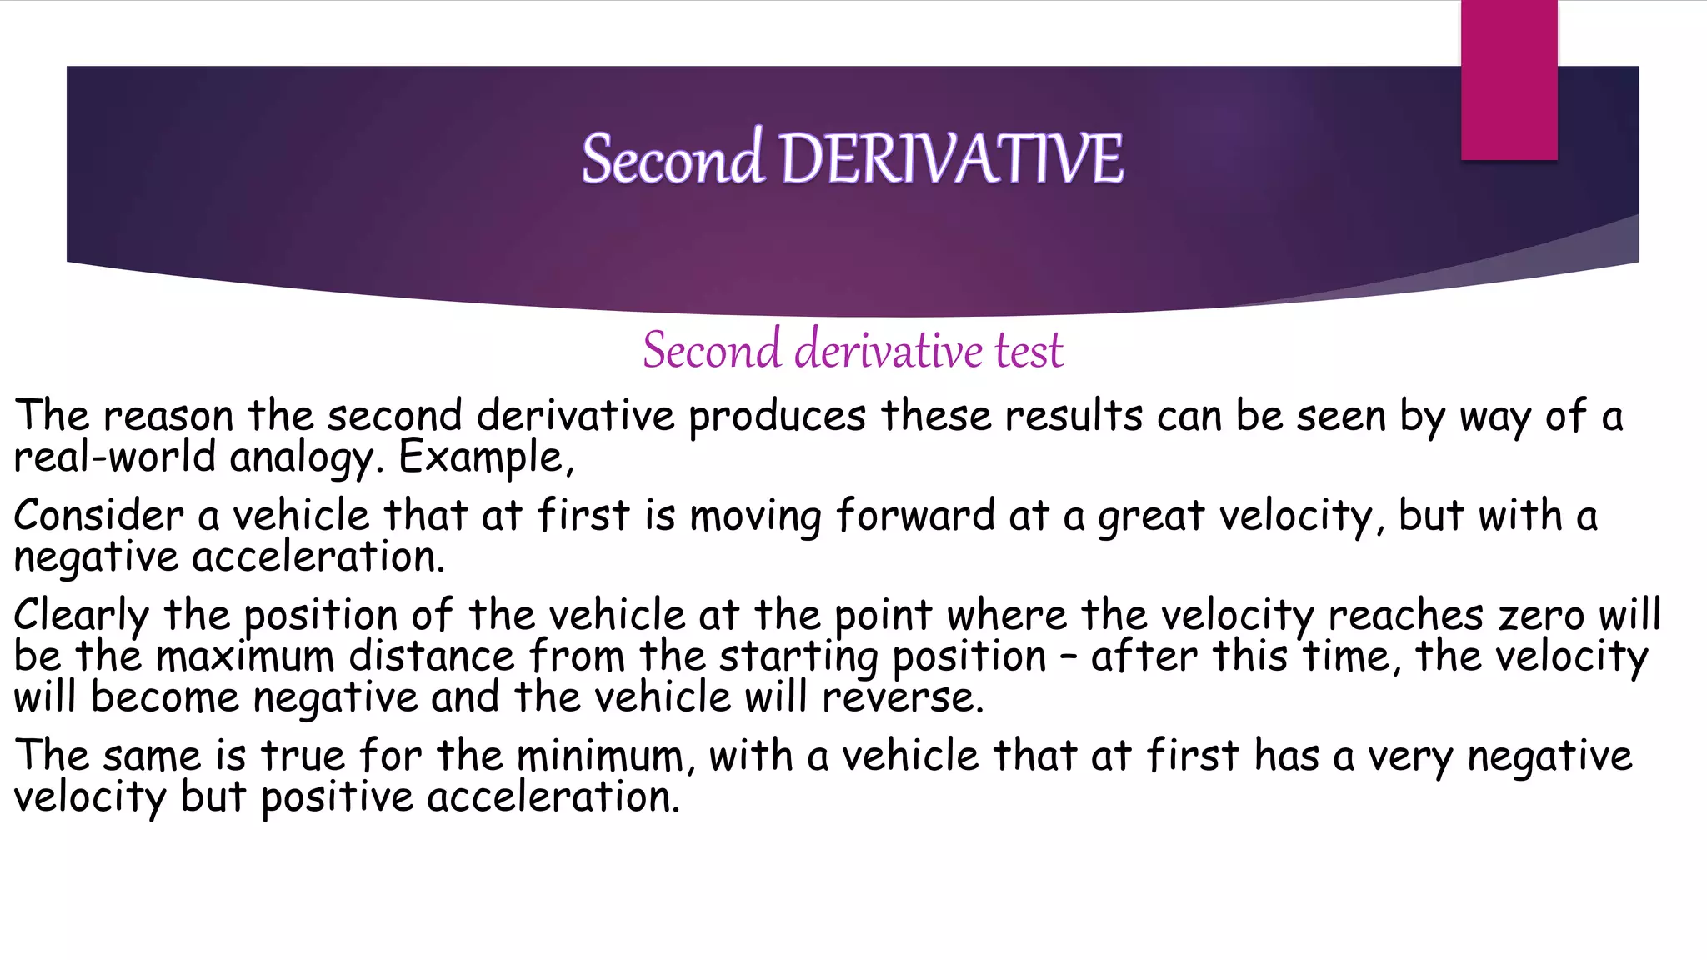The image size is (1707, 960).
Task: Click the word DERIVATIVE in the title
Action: pyautogui.click(x=951, y=158)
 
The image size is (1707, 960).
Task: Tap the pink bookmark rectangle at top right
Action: pyautogui.click(x=1509, y=79)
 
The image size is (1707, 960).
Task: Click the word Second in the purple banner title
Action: pyautogui.click(x=672, y=158)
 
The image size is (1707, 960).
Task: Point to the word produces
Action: pyautogui.click(x=777, y=416)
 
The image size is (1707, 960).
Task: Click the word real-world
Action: pyautogui.click(x=115, y=457)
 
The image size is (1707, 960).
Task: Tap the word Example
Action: pyautogui.click(x=486, y=457)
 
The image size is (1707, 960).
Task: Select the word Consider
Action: pyautogui.click(x=98, y=516)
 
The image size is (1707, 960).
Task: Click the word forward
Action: pyautogui.click(x=915, y=516)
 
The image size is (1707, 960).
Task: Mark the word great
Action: pyautogui.click(x=1150, y=516)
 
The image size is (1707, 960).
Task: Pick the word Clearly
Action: pyautogui.click(x=81, y=616)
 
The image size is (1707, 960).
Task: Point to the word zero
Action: pyautogui.click(x=1541, y=616)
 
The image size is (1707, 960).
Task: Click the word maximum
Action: pyautogui.click(x=245, y=656)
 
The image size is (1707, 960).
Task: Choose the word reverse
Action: pyautogui.click(x=902, y=697)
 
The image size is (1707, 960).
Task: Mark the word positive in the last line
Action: pyautogui.click(x=337, y=797)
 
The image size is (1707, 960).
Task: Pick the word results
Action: pyautogui.click(x=1073, y=416)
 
